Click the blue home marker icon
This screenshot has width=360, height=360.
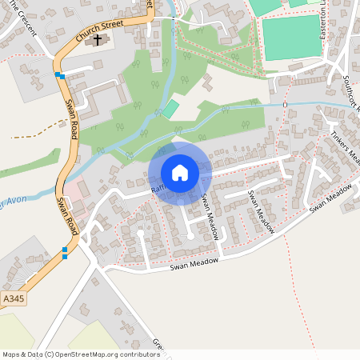coord(179,173)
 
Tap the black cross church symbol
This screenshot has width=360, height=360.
coord(98,39)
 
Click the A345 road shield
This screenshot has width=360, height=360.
coord(13,298)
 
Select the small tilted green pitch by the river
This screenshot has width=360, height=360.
coord(170,108)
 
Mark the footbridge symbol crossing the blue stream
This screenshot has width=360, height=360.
coord(285,105)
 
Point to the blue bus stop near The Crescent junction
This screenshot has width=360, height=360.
coord(60,76)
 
